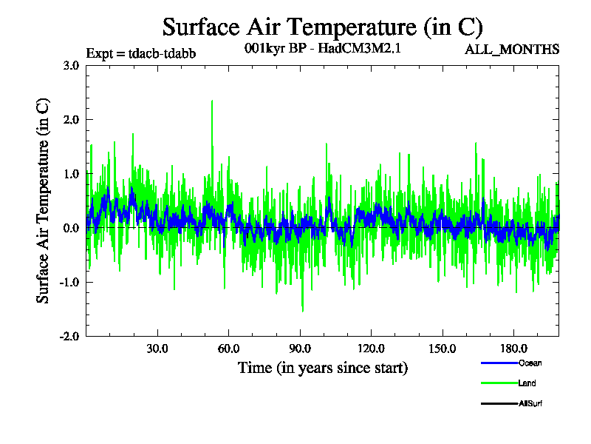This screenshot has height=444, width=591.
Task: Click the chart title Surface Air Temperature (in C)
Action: click(x=322, y=27)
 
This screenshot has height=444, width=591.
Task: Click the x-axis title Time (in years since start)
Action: click(x=323, y=367)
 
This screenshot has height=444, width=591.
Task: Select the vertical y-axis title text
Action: click(x=44, y=200)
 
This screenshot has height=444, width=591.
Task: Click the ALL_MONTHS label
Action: click(x=512, y=50)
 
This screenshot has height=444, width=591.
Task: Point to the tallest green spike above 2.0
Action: click(x=212, y=101)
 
